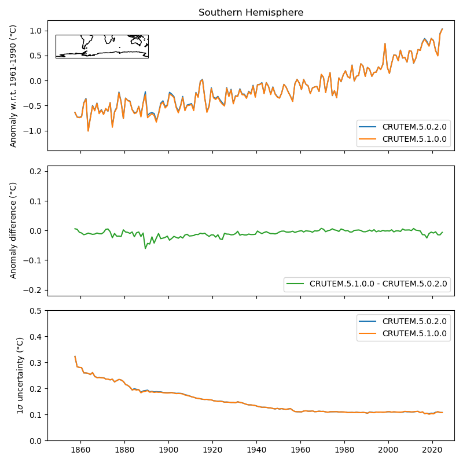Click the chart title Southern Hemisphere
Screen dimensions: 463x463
(x=251, y=13)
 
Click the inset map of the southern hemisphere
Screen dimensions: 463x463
(x=102, y=46)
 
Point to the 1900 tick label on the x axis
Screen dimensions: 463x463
(x=168, y=449)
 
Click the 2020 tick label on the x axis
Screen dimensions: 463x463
(x=432, y=449)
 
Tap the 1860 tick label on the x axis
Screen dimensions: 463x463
(x=80, y=449)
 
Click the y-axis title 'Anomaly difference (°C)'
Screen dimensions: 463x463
(x=14, y=230)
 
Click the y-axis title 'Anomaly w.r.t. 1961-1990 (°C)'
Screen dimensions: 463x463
(x=14, y=86)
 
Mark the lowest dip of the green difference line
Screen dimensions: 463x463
(x=145, y=248)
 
